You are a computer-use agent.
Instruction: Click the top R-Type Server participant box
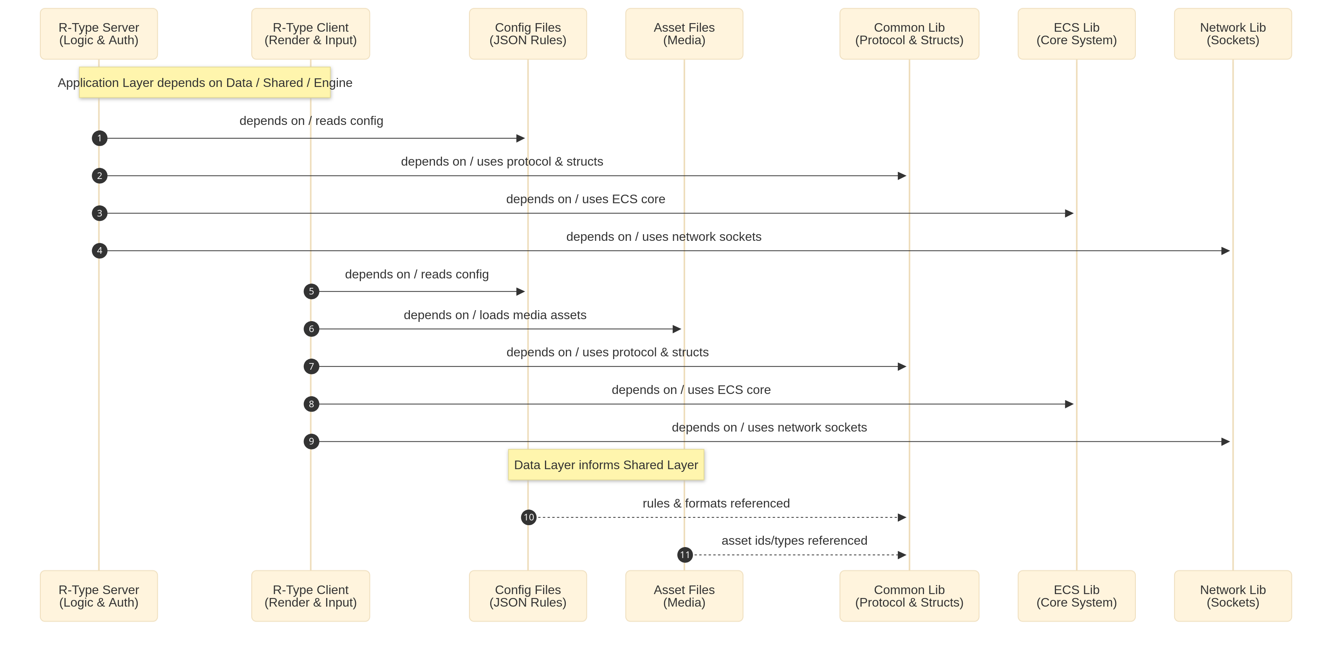99,34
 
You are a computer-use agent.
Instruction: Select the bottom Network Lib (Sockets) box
1232,596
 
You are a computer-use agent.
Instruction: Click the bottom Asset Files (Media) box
684,596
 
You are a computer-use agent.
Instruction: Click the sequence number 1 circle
99,138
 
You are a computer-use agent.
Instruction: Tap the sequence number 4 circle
99,251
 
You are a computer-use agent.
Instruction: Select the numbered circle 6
311,329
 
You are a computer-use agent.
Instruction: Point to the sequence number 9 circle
311,441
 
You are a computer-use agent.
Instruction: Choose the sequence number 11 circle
685,555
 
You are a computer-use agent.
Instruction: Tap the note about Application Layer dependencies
205,83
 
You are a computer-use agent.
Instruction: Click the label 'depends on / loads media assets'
495,315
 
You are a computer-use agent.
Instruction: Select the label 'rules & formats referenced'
716,503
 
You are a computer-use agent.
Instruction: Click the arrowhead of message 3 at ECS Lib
1069,213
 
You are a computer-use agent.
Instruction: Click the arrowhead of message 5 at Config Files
520,292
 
